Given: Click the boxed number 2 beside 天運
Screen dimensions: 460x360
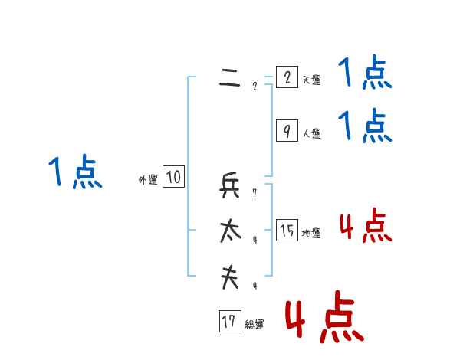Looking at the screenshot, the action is coord(287,77).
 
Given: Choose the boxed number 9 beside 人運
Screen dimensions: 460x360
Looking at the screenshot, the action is coord(287,131).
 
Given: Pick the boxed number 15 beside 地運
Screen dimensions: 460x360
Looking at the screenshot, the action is coord(287,231).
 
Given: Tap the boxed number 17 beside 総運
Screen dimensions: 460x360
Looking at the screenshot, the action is coord(229,322).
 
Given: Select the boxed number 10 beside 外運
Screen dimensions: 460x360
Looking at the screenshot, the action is coord(173,178).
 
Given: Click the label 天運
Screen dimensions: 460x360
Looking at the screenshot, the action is coord(311,80).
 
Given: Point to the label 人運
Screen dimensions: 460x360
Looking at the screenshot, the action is coord(311,133).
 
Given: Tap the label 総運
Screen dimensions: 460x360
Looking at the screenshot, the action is coord(255,324).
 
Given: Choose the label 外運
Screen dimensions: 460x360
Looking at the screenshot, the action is coord(147,180).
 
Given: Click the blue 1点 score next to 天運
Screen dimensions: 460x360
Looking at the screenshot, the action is coord(365,74).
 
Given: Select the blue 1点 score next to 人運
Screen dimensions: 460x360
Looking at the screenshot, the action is coord(365,126).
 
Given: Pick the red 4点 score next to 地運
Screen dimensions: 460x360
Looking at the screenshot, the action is coord(365,226).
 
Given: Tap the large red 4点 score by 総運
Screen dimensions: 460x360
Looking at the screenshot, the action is coord(324,316).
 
